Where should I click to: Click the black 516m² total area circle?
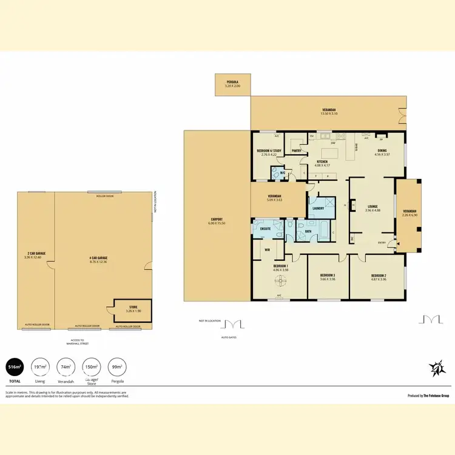(15, 367)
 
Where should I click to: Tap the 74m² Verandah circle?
(65, 367)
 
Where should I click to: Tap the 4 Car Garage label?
(98, 260)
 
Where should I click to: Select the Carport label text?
(217, 221)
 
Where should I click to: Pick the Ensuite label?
(265, 229)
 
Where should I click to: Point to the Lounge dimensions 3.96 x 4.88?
(372, 211)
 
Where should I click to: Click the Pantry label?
(297, 150)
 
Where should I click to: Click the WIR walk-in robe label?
(267, 249)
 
